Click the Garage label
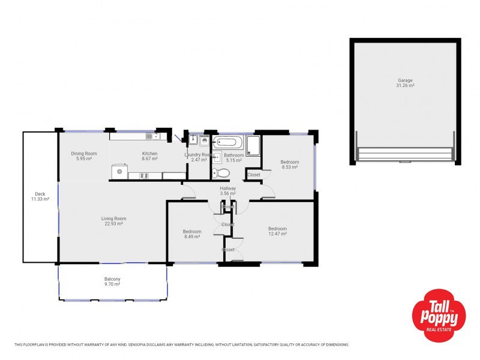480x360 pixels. click(x=406, y=83)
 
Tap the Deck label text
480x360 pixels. click(x=40, y=196)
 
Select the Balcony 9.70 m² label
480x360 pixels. click(x=112, y=281)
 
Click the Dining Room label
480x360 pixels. click(x=84, y=156)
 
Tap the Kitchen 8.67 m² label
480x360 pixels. click(x=149, y=156)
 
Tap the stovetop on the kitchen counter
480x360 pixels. click(x=145, y=175)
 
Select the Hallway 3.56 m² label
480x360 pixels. click(x=227, y=191)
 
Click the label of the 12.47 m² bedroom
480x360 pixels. click(x=277, y=231)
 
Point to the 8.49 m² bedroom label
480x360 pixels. click(x=192, y=233)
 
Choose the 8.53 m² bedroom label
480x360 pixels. click(x=290, y=164)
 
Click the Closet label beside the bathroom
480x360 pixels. click(x=254, y=175)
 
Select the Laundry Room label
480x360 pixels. click(x=199, y=157)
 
